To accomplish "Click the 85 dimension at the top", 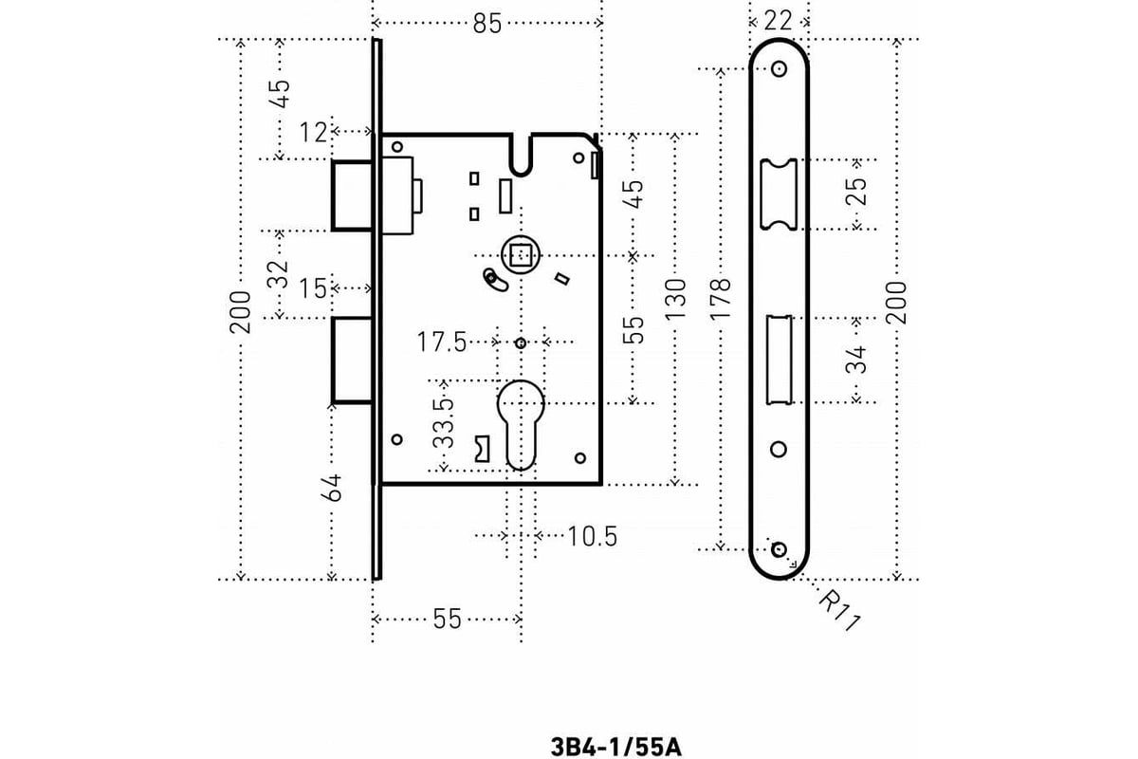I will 486,24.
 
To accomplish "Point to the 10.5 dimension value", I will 593,537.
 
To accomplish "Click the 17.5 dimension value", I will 442,342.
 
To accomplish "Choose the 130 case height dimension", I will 675,301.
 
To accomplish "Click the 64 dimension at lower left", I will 331,490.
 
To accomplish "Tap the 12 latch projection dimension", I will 313,132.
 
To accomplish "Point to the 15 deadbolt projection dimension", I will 313,287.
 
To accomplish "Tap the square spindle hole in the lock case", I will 519,254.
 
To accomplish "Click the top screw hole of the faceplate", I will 780,69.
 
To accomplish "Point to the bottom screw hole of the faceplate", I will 780,549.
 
